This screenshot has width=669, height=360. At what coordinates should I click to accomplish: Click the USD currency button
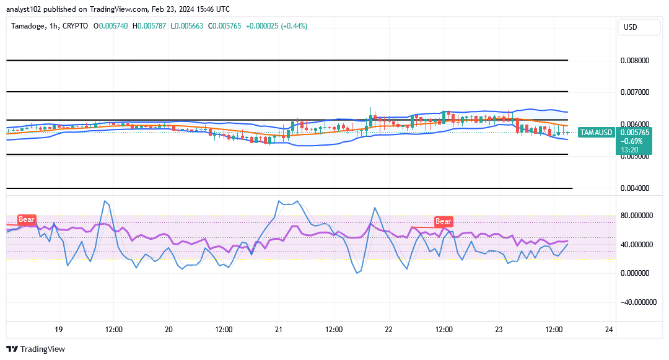(x=631, y=27)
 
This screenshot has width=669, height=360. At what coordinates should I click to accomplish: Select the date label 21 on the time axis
(x=279, y=330)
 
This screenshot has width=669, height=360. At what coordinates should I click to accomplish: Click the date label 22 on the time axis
(x=389, y=330)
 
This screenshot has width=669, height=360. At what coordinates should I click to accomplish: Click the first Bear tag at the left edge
(x=27, y=219)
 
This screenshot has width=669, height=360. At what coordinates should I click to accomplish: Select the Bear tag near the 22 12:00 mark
(x=443, y=221)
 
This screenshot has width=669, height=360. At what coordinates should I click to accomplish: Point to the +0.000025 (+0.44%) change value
(x=276, y=26)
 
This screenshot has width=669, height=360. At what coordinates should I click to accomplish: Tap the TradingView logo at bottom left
(x=35, y=349)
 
